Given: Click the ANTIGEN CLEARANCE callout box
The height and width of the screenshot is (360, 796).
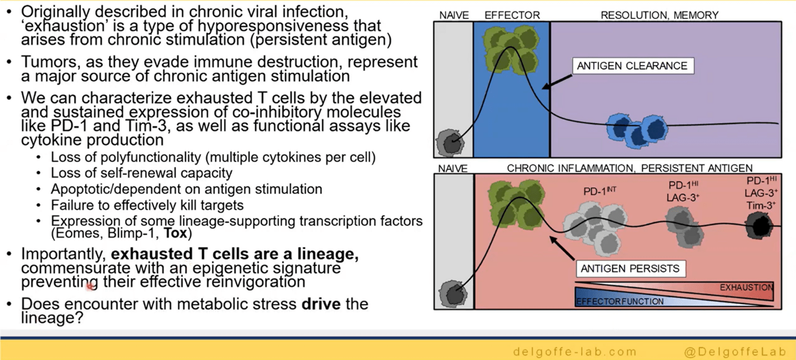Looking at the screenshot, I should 631,66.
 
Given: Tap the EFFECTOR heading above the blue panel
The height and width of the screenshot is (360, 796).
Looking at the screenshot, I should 511,16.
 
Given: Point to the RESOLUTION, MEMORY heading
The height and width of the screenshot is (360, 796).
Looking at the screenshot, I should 659,16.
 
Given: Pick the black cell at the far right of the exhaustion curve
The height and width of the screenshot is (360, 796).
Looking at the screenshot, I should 758,226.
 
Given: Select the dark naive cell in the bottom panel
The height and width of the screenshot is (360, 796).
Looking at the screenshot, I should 453,294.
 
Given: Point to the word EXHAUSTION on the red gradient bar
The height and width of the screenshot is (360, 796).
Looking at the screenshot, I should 746,287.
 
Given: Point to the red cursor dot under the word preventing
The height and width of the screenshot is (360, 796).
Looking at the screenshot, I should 90,286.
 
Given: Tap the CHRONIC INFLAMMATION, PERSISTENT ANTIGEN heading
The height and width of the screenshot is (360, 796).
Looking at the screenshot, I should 629,168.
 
